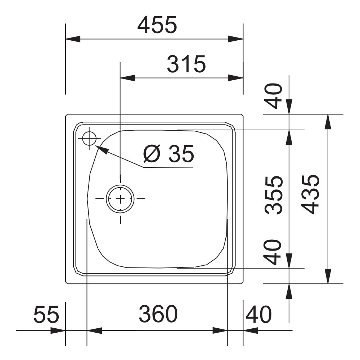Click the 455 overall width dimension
pos(157,24)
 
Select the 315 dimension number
pos(186,64)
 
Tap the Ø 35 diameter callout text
pos(168,154)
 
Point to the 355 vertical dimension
pos(274,195)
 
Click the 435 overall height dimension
pos(311,194)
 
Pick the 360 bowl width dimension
pos(158,314)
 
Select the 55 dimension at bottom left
pos(46,314)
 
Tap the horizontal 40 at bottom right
pos(258,314)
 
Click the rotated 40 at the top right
pos(274,96)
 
